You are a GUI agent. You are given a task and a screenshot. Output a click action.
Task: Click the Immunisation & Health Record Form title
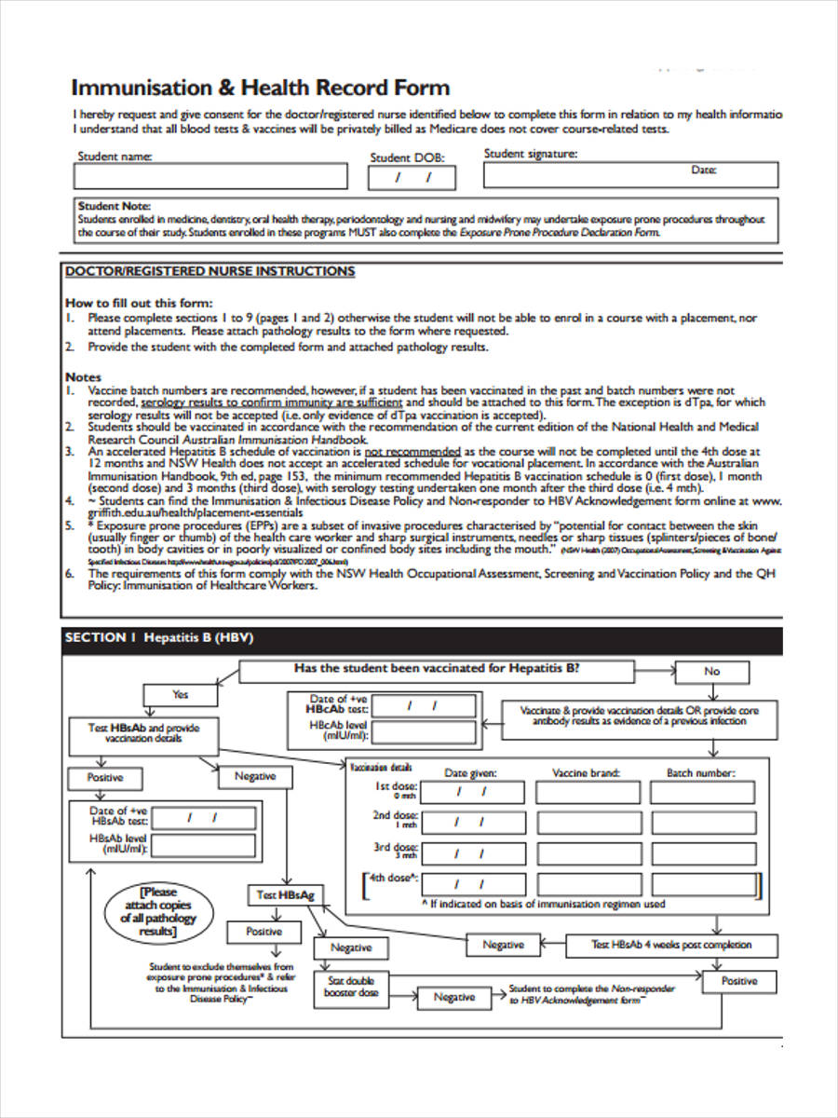click(261, 89)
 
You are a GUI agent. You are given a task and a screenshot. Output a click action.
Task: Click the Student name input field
click(210, 176)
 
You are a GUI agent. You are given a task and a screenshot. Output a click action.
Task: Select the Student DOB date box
click(413, 177)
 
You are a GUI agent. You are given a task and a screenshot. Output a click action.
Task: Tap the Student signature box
click(630, 174)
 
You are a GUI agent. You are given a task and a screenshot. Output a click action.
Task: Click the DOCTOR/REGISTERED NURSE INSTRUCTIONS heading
click(209, 271)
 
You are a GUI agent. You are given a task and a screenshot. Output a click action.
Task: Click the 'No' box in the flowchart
click(711, 671)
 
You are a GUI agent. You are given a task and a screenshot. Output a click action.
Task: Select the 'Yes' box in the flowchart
click(180, 695)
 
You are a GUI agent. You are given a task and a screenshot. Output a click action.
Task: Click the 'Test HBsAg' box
click(286, 895)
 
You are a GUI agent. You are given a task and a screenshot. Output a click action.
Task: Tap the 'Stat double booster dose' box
click(351, 987)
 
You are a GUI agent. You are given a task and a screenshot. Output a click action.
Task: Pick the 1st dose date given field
click(469, 793)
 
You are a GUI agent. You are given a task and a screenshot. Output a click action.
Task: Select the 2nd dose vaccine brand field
click(588, 823)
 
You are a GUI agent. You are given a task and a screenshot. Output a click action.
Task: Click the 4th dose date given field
click(469, 883)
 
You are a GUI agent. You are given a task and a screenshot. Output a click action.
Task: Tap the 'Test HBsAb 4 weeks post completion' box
click(671, 945)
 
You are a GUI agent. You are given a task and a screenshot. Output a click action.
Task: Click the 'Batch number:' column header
click(700, 772)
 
